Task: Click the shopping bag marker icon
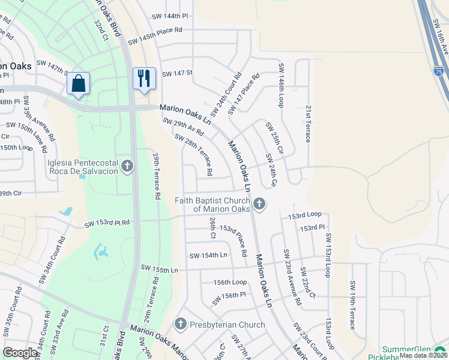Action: point(79,83)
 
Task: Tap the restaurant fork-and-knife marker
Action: point(144,78)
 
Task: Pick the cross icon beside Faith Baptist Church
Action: point(259,204)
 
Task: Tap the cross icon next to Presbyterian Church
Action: point(180,325)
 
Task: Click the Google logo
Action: point(20,353)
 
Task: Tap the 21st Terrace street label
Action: point(307,124)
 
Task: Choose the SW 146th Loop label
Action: point(280,86)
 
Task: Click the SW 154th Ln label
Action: point(208,256)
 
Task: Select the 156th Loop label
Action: point(230,281)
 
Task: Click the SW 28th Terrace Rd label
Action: point(193,154)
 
